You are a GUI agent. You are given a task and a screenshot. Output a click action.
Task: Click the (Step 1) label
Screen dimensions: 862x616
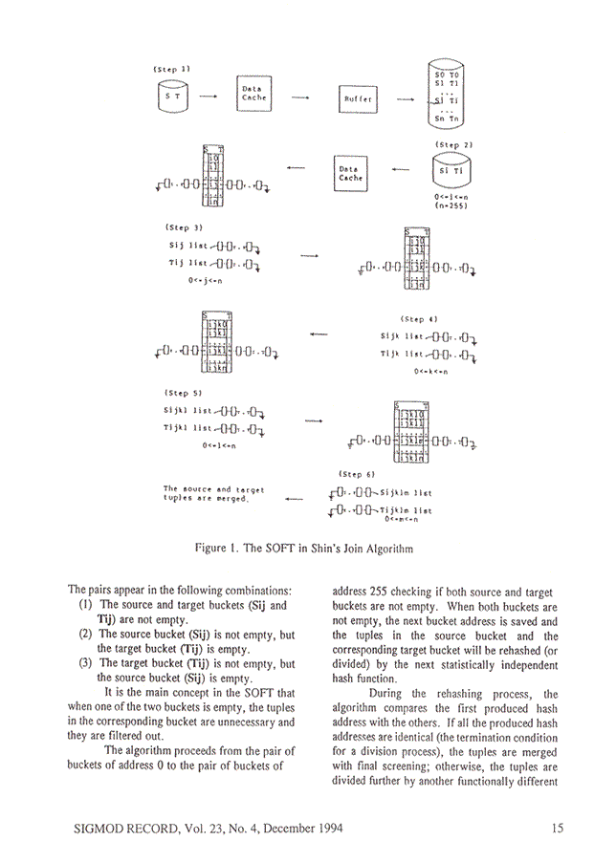pos(171,69)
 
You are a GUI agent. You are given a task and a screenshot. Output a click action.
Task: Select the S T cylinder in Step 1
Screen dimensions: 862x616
pos(172,97)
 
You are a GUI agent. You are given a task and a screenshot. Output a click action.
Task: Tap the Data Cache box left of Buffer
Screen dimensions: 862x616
pos(254,94)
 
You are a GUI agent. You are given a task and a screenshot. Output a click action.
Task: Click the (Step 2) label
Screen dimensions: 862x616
pos(453,144)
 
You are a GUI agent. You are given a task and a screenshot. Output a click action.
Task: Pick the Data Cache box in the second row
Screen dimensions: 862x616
pos(351,172)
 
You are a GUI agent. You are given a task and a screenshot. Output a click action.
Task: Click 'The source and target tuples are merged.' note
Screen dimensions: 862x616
pos(212,495)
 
